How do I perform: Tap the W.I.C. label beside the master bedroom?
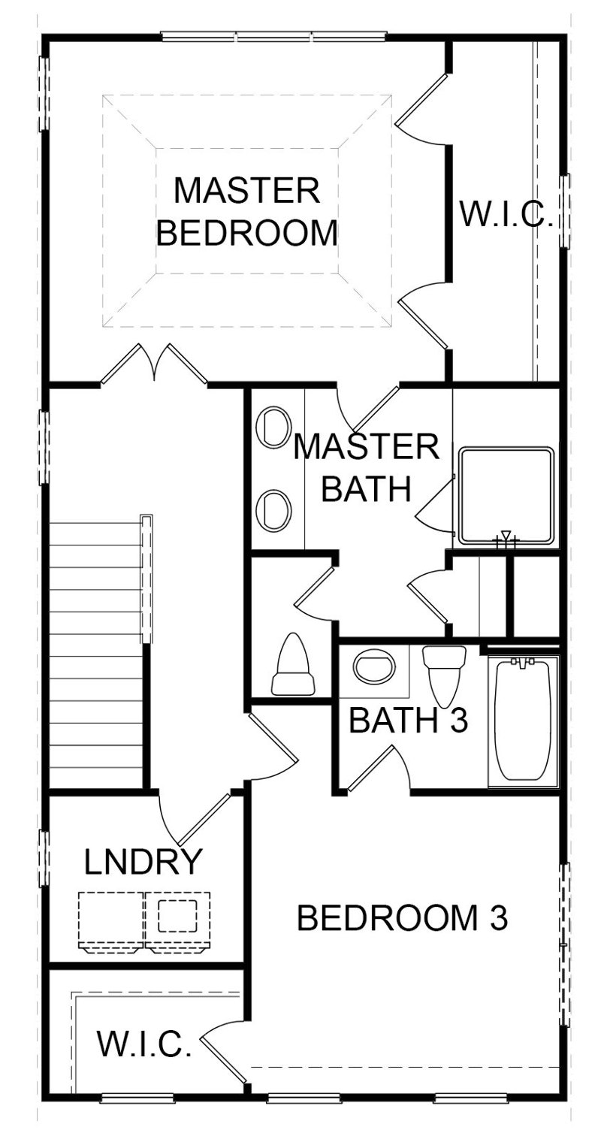click(x=506, y=216)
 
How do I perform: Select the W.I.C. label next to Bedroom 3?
click(x=143, y=1044)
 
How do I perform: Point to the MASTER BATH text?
click(x=366, y=467)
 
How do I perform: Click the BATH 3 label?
click(x=409, y=721)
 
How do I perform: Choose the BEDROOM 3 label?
click(x=403, y=918)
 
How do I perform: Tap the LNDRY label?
click(x=143, y=862)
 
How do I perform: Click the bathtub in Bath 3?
click(x=523, y=721)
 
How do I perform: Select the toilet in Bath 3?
click(x=444, y=674)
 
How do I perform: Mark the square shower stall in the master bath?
click(x=507, y=495)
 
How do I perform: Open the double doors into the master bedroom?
click(x=154, y=364)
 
